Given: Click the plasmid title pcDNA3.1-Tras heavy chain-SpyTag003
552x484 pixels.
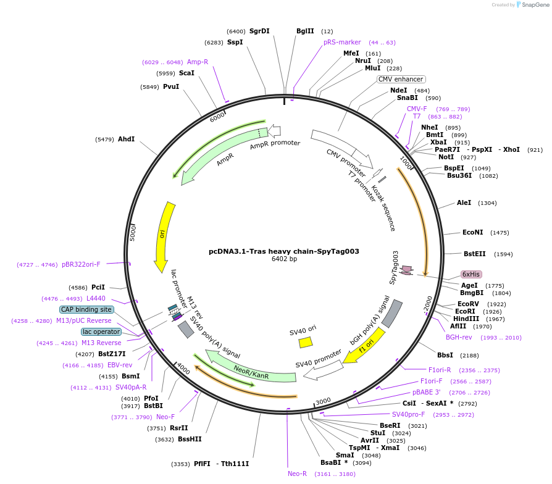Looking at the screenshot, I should [x=283, y=251].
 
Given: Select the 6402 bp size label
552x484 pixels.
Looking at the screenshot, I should [x=284, y=259].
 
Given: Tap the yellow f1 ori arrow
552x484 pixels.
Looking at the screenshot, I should [x=366, y=346].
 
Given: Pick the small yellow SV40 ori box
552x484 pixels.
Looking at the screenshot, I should [x=305, y=342].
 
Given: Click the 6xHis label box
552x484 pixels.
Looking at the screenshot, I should [x=471, y=274].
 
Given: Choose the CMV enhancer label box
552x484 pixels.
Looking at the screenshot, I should [x=401, y=79].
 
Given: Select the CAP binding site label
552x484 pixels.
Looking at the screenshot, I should [x=86, y=309].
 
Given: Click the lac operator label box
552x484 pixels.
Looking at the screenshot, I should [x=101, y=332].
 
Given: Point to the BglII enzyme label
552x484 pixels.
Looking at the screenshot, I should [x=305, y=31].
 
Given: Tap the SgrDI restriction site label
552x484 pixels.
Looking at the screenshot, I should [x=259, y=31].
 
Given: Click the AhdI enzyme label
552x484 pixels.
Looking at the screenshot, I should [x=126, y=139].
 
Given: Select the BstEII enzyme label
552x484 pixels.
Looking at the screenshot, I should [x=475, y=254].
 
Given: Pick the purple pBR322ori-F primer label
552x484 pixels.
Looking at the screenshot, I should [x=81, y=264].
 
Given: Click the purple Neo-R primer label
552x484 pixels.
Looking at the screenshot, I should [x=297, y=474].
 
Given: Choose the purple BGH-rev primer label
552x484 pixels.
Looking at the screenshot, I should [x=459, y=337].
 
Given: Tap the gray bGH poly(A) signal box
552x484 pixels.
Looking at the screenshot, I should [x=393, y=313].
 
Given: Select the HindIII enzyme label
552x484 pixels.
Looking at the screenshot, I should [x=466, y=319].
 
